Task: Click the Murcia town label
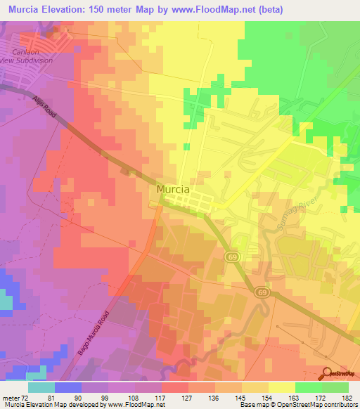tap(174, 190)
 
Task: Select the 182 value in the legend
tap(347, 397)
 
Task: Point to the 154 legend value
tap(257, 397)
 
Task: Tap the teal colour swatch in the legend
tap(41, 387)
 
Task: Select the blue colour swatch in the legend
tap(68, 387)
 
